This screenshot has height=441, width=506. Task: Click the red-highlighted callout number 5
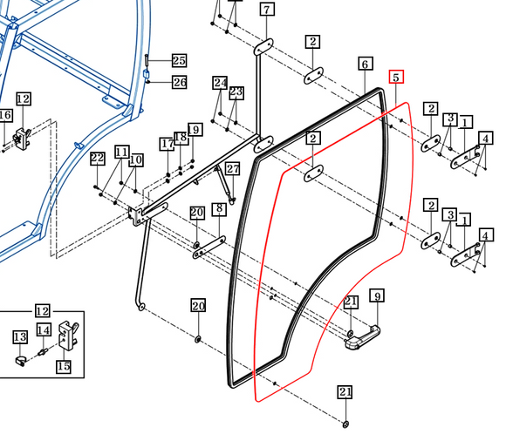(x=396, y=77)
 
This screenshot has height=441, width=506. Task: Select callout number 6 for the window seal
(x=366, y=64)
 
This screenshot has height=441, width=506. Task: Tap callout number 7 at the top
(x=267, y=10)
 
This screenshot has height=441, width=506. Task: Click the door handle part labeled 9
(x=362, y=337)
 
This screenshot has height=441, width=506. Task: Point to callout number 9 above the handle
(x=377, y=295)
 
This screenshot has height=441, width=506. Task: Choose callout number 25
(x=179, y=60)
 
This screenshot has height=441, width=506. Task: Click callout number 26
(x=180, y=82)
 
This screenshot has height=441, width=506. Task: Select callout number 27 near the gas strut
(x=233, y=168)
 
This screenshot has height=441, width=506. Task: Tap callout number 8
(x=219, y=209)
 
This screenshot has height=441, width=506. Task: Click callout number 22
(x=98, y=158)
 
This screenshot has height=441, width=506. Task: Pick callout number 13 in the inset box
(x=20, y=337)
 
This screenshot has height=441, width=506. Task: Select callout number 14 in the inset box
(x=44, y=329)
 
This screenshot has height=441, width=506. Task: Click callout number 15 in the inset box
(x=63, y=366)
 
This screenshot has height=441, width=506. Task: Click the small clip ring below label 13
(x=20, y=361)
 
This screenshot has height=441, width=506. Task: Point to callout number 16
(x=5, y=115)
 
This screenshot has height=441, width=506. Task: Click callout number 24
(x=220, y=83)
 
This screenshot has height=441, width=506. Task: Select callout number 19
(x=195, y=129)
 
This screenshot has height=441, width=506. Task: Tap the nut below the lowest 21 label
(x=345, y=424)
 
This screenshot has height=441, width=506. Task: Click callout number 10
(x=136, y=159)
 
